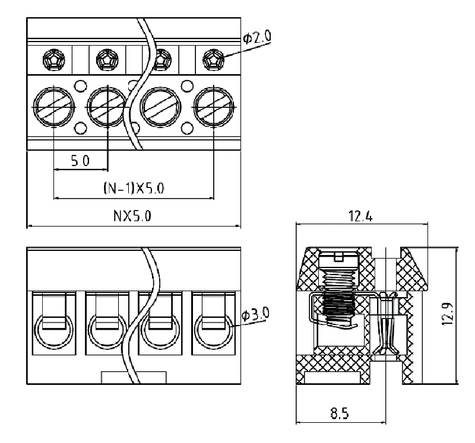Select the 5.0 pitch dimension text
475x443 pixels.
click(x=80, y=161)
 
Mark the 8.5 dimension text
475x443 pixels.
click(x=340, y=413)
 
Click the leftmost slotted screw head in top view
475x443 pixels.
click(x=54, y=107)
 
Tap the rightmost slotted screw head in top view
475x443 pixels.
click(x=213, y=107)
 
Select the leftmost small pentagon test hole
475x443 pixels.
click(x=54, y=59)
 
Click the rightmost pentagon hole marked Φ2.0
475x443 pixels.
click(x=213, y=59)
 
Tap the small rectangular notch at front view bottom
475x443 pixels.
click(x=134, y=377)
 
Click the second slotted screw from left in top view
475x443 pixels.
click(x=107, y=107)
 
